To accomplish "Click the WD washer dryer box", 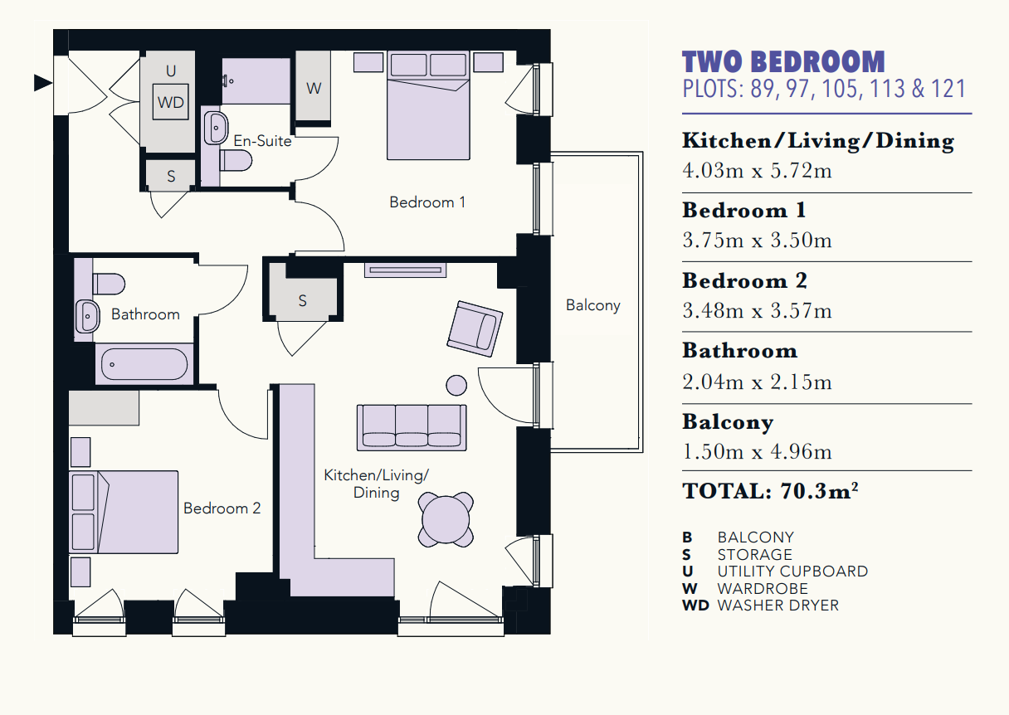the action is (x=171, y=102).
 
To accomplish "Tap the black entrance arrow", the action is (x=43, y=83).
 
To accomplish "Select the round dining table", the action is (x=446, y=519).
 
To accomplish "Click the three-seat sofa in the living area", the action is (x=412, y=428).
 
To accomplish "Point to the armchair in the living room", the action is (x=475, y=329).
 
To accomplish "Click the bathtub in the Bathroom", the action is (x=144, y=364).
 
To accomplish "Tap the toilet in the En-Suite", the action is (x=236, y=161).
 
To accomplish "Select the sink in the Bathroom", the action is (x=87, y=316).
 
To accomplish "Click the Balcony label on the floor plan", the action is (x=592, y=306).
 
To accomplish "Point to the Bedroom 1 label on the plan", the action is (x=427, y=202).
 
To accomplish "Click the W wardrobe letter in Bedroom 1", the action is (x=314, y=88).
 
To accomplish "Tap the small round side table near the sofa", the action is (x=456, y=386).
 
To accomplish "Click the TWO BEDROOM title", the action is (x=784, y=61).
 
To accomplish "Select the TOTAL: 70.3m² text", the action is (x=770, y=491).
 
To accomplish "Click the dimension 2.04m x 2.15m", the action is (x=757, y=382).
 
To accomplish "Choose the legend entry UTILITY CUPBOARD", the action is (x=792, y=572).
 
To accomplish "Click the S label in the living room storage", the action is (x=303, y=301).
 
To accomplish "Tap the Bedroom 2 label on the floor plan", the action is (x=222, y=508).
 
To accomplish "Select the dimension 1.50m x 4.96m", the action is (x=757, y=451).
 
